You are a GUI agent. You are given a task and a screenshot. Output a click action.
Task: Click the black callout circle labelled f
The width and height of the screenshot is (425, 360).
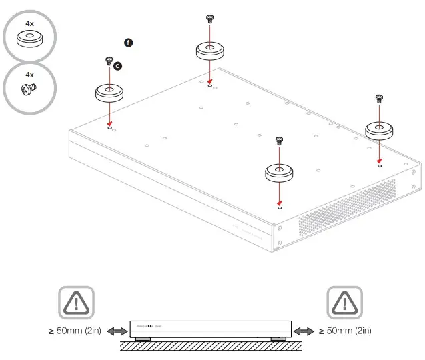tap(129, 43)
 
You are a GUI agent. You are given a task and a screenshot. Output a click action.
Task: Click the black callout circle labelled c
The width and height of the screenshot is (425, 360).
tap(118, 65)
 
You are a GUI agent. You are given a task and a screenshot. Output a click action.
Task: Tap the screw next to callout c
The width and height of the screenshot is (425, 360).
tap(109, 61)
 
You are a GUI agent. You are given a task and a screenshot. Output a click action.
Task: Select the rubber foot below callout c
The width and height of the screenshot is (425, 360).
tap(109, 92)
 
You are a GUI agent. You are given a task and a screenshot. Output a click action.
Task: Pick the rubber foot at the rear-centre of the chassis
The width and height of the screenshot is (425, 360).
tap(209, 51)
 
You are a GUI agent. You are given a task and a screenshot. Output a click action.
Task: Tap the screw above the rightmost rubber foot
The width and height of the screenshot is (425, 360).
tap(379, 99)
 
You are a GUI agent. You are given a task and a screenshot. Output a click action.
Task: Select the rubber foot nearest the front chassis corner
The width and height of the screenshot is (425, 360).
tap(280, 173)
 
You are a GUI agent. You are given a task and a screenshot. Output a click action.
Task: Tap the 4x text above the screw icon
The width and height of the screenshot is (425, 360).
tap(29, 75)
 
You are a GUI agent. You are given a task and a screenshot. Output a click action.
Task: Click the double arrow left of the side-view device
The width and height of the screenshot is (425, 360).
tap(117, 331)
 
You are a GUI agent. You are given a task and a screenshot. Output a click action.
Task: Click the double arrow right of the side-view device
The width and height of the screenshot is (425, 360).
tap(304, 331)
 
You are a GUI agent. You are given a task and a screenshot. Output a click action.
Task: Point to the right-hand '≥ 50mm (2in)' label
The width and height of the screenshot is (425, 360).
tap(346, 331)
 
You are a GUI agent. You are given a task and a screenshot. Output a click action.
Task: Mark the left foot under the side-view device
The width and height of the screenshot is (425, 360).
tap(143, 339)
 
